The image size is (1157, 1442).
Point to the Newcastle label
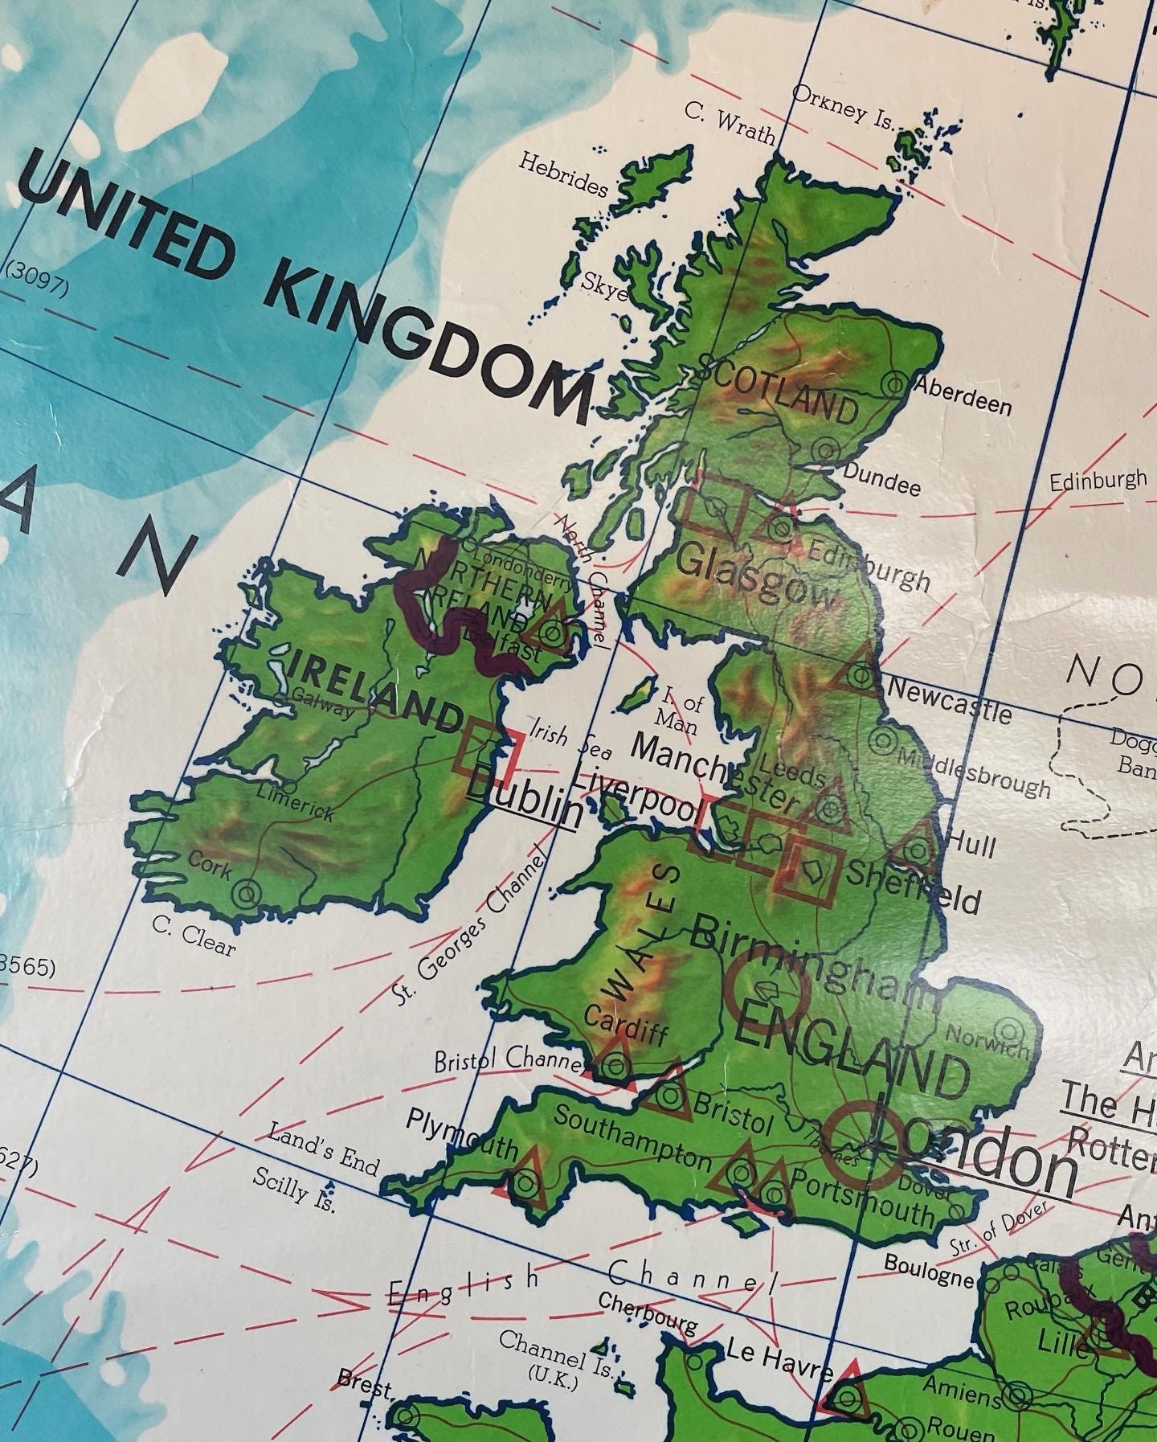pyautogui.click(x=949, y=700)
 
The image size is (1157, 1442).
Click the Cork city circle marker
pyautogui.click(x=247, y=891)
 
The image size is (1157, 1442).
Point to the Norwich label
pyautogui.click(x=987, y=1041)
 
